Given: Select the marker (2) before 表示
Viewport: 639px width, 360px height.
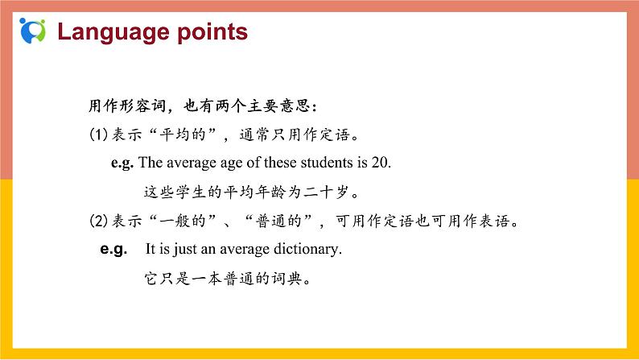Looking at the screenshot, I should click(x=97, y=220).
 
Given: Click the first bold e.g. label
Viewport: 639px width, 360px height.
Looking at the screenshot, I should click(x=122, y=162).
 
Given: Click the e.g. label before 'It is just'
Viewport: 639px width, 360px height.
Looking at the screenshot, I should click(x=113, y=250).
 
